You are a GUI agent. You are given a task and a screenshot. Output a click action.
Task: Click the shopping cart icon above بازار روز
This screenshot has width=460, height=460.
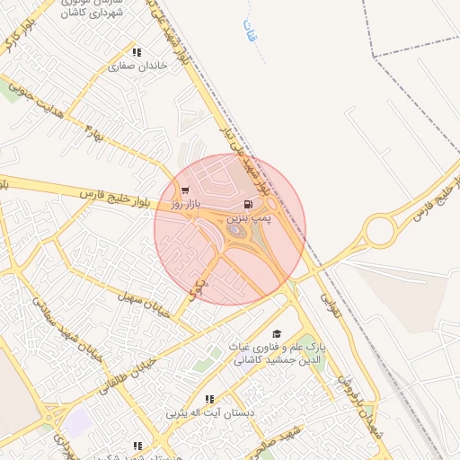(185, 190)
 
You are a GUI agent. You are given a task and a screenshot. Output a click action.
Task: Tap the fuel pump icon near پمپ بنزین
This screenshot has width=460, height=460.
(248, 204)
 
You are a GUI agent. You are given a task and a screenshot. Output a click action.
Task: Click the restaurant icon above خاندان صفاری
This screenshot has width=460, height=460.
(137, 52)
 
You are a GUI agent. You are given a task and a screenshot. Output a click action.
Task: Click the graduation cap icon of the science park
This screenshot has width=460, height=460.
(276, 333)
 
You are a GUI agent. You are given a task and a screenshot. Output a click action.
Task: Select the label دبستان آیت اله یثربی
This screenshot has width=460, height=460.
(209, 414)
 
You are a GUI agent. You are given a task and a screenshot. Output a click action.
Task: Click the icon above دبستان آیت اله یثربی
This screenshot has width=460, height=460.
(209, 399)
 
